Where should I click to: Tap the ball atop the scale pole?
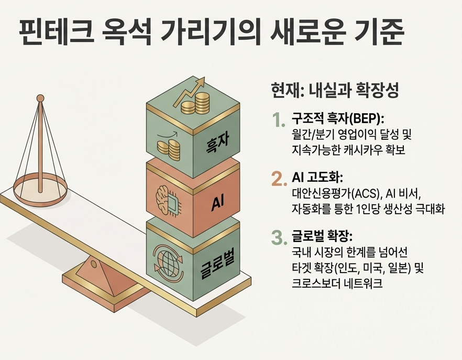pos(40,98)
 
